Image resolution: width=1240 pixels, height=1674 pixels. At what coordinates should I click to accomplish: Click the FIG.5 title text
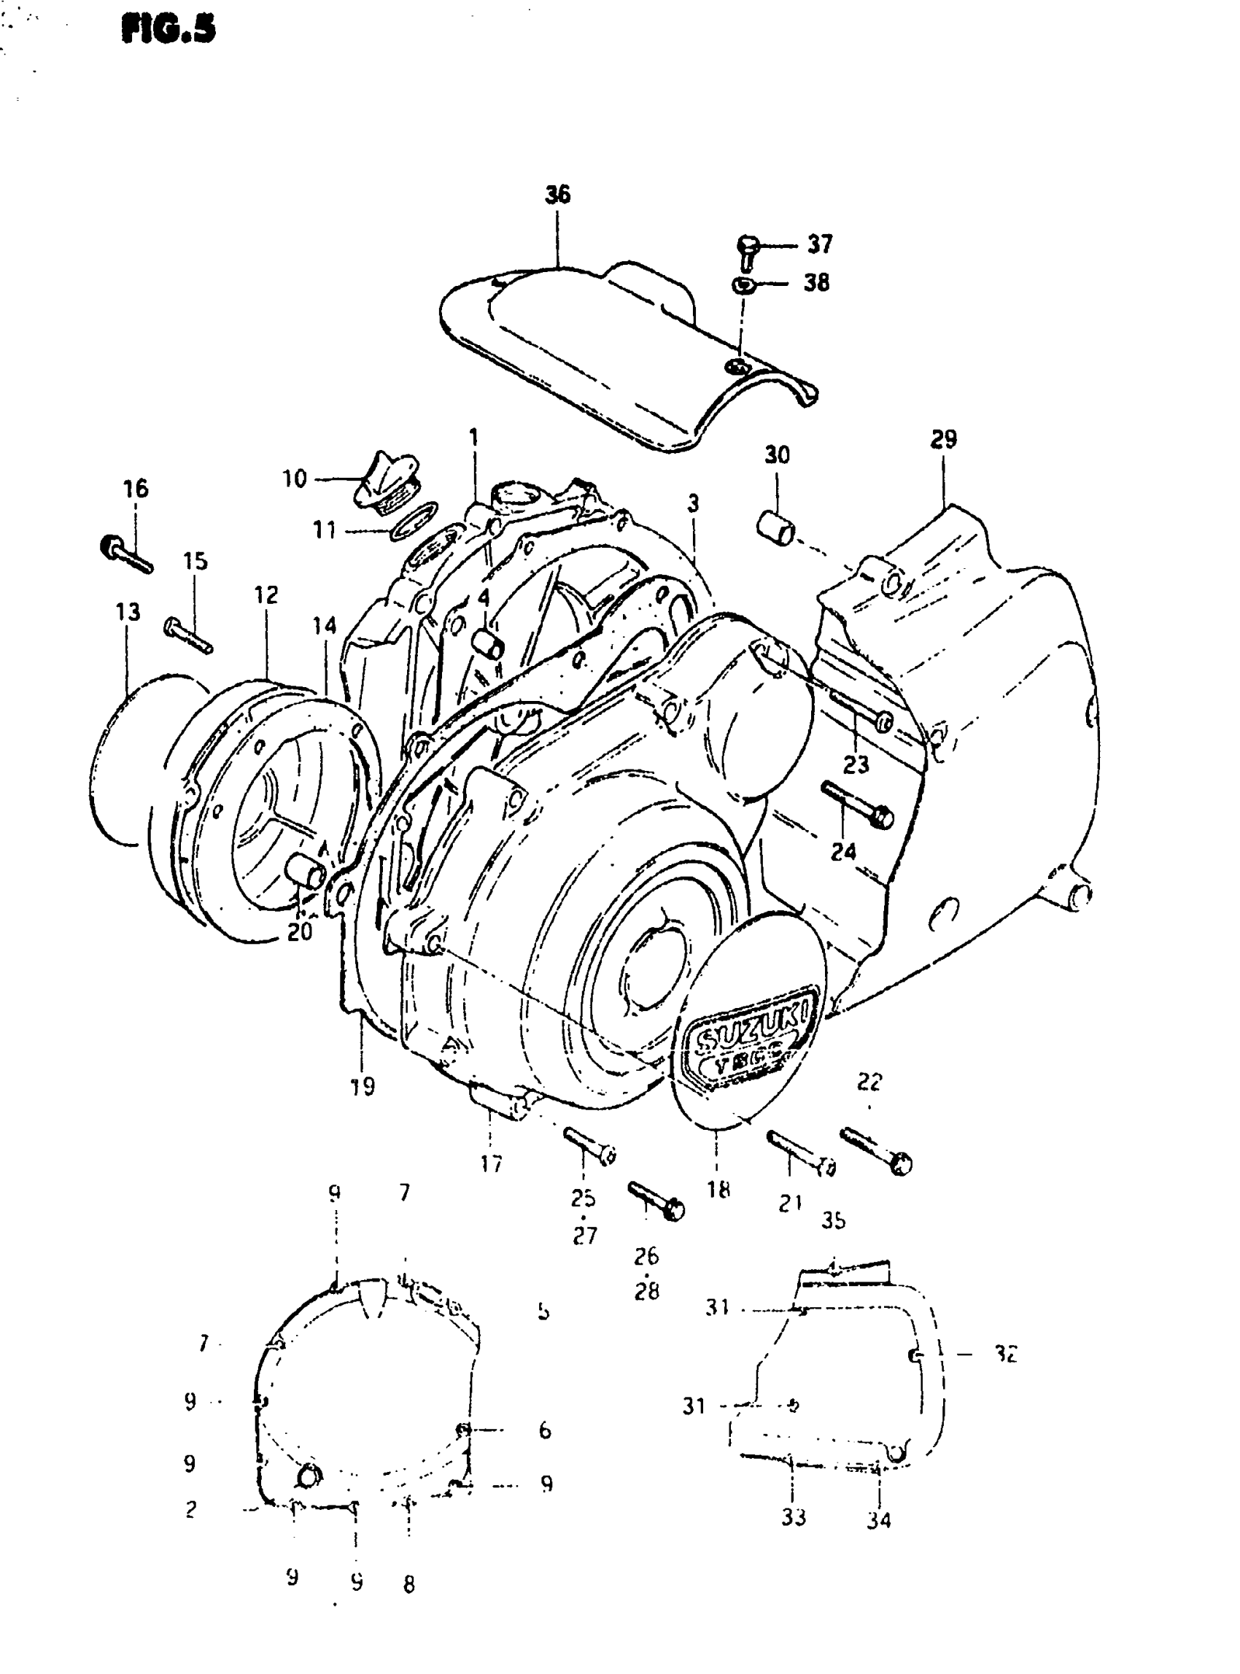[168, 31]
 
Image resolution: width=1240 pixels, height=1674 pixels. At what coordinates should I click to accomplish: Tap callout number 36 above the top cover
[558, 195]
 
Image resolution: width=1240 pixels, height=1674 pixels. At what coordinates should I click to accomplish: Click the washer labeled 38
[742, 284]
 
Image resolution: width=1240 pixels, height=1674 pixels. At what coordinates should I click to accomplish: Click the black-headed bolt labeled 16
[125, 555]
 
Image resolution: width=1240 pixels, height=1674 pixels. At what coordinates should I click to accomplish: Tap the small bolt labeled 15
[187, 634]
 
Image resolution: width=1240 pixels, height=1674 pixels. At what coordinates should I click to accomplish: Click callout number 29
[944, 439]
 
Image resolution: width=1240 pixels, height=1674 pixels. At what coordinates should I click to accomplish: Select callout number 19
[363, 1086]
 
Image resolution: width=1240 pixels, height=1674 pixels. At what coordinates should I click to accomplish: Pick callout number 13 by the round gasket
[128, 613]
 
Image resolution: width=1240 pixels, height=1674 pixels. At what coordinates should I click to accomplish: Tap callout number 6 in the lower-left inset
[544, 1430]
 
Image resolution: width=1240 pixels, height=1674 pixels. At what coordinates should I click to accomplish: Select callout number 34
[879, 1520]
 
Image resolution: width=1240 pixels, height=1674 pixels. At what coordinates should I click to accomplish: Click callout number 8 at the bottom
[408, 1584]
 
